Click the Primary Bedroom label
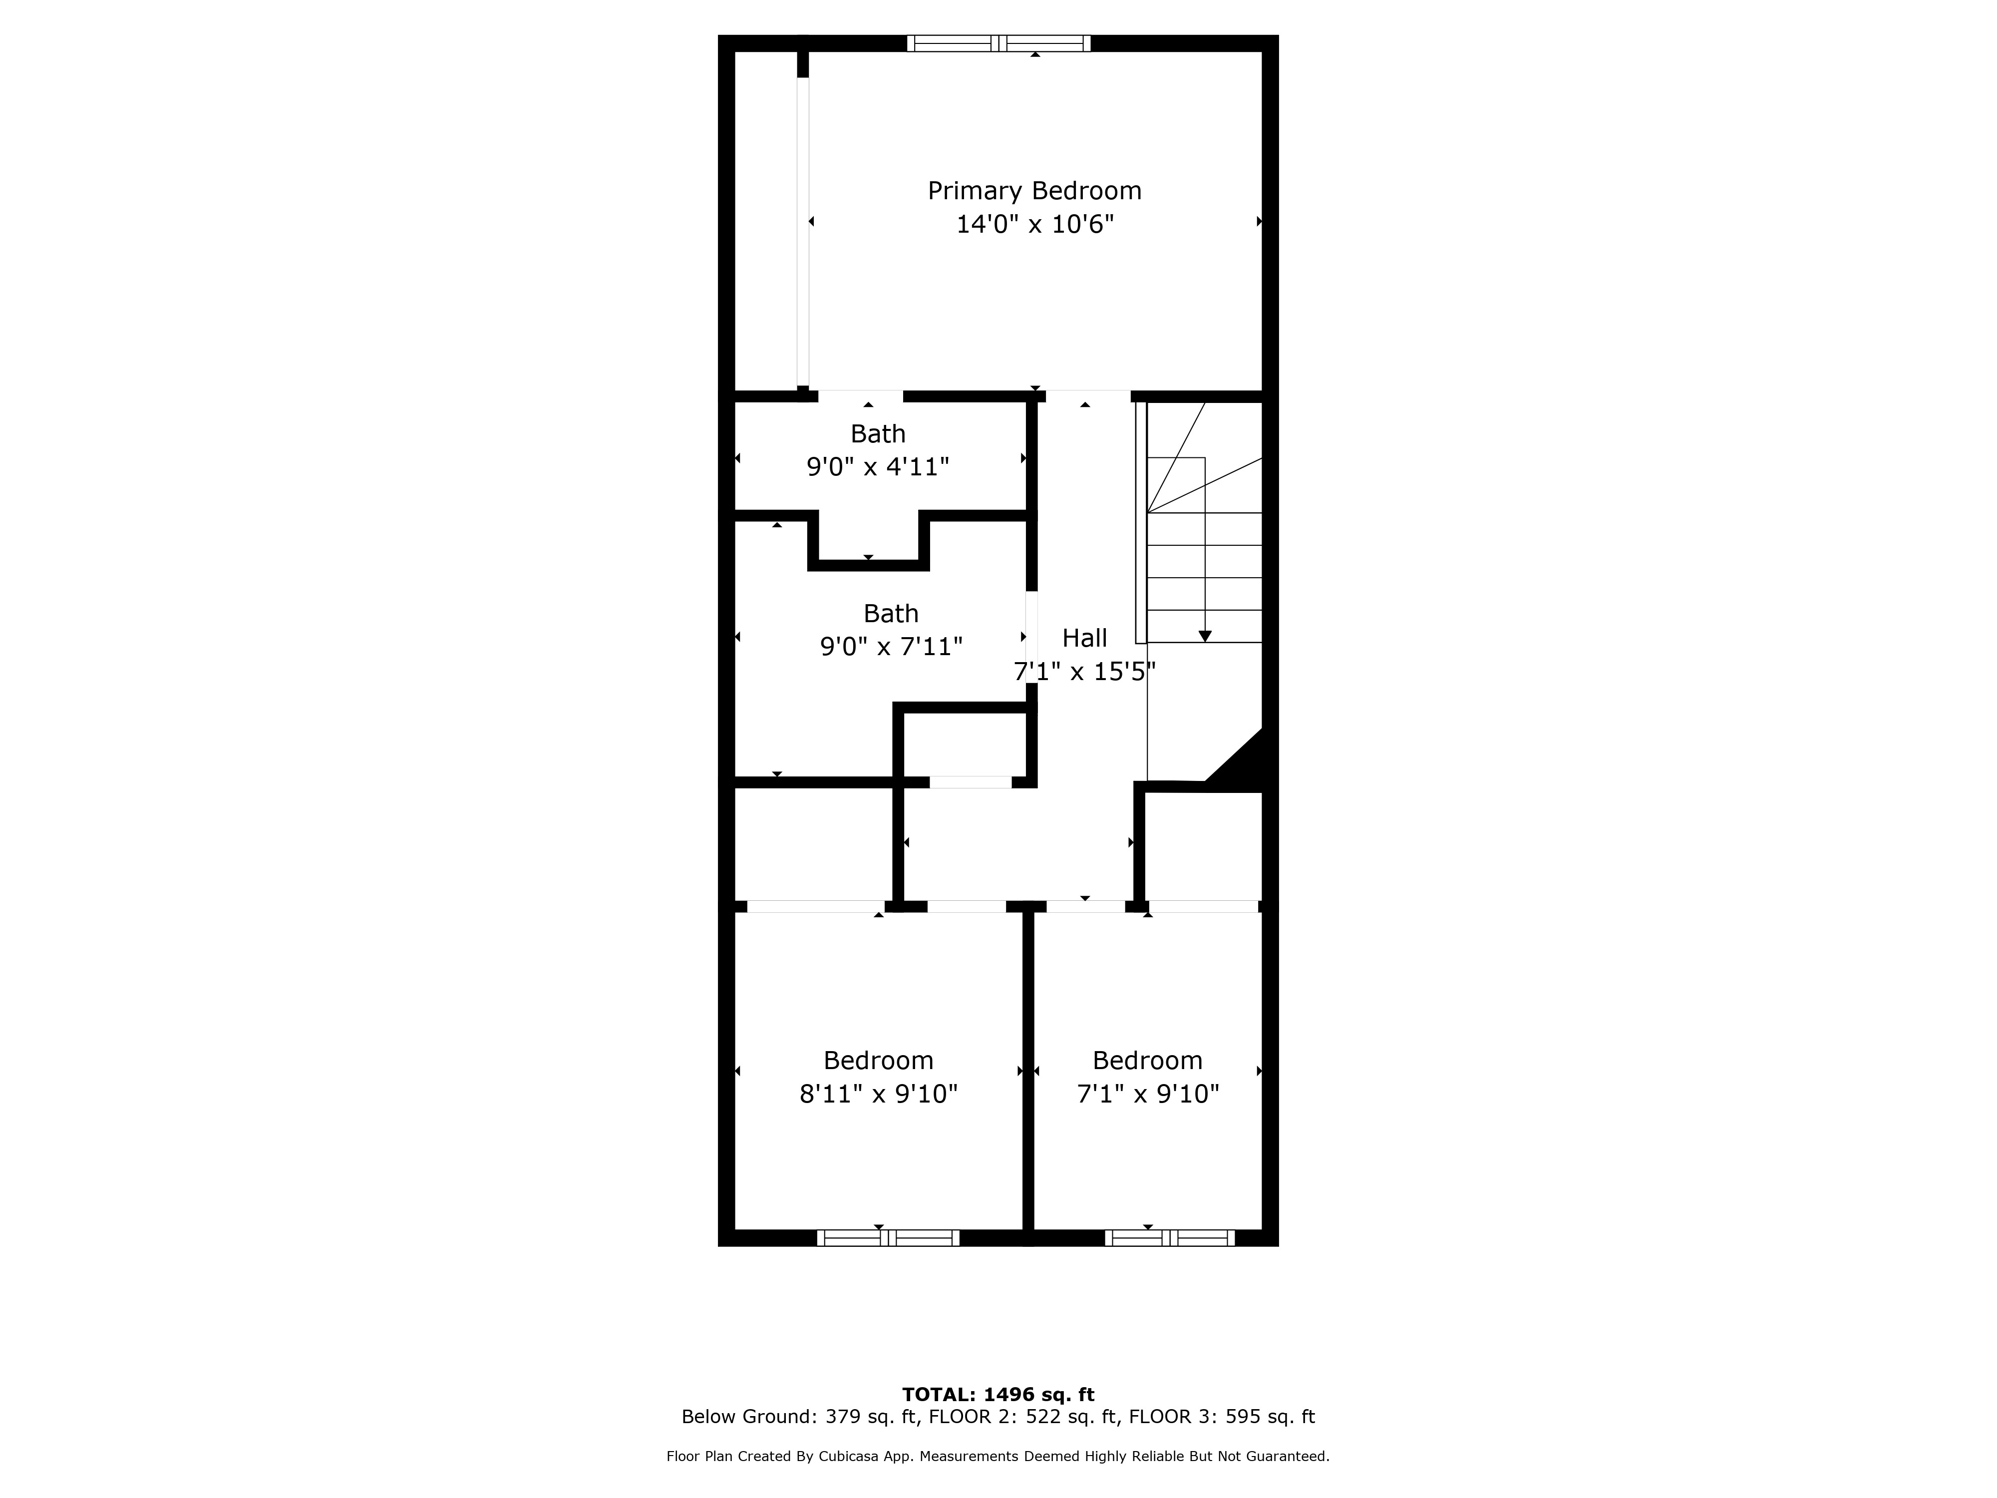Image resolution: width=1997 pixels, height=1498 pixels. [x=1034, y=191]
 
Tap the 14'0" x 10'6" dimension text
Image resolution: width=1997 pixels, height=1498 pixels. [x=1034, y=224]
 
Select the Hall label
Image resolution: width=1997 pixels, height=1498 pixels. [x=1084, y=638]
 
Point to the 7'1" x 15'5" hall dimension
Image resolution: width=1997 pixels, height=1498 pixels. [x=1084, y=672]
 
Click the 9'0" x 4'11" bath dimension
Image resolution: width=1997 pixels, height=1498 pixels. [x=878, y=467]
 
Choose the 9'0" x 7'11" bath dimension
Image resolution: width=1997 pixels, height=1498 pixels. [x=891, y=647]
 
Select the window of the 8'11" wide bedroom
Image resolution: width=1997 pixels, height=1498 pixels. [x=888, y=1238]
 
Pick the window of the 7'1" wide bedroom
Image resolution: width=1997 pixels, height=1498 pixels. [x=1170, y=1238]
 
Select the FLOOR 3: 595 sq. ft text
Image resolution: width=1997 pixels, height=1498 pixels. [x=1222, y=1417]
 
